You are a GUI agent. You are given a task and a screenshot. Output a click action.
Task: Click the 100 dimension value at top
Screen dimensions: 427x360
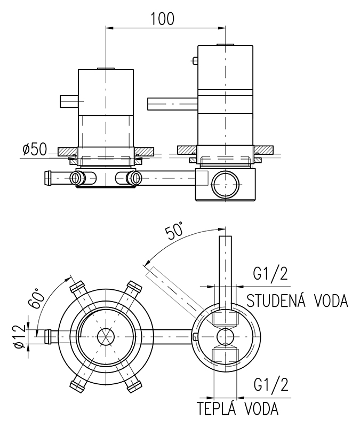[163, 18]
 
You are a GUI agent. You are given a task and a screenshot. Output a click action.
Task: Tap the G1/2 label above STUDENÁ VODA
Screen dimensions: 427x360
[270, 275]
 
